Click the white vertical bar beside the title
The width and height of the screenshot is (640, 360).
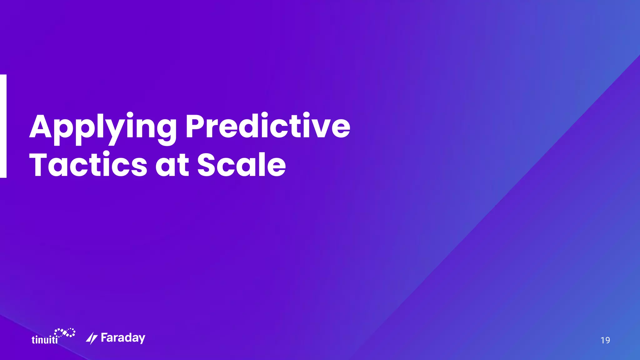3,126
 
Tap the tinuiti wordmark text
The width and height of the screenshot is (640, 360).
45,340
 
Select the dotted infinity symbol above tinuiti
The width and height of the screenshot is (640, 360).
65,332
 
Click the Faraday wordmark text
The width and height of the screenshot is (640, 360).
123,338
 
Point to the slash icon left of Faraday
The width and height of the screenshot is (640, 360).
92,338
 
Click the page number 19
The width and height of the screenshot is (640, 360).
605,340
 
